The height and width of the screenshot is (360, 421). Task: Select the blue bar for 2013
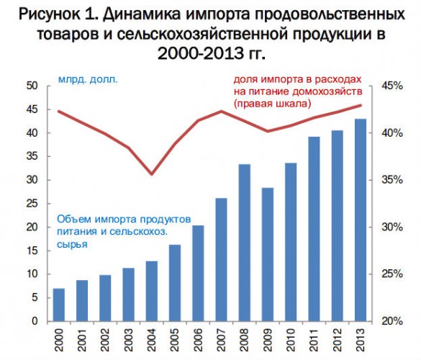[x=361, y=220]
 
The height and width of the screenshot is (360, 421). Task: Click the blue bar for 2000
[x=59, y=305]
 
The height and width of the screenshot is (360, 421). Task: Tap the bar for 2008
[x=245, y=243]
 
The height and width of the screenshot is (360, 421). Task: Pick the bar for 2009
[x=268, y=254]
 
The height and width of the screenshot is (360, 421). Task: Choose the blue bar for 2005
[x=175, y=283]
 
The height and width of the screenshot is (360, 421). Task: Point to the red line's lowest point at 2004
[x=152, y=174]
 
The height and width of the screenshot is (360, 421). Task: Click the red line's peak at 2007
[x=221, y=111]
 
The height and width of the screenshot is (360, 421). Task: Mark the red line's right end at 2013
[x=361, y=105]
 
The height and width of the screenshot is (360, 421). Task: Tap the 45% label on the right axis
[x=392, y=86]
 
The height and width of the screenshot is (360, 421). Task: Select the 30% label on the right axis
[x=392, y=228]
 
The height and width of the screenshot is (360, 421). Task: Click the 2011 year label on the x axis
[x=314, y=340]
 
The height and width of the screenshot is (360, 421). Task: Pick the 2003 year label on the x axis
[x=128, y=340]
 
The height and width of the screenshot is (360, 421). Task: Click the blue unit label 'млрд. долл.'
[x=88, y=80]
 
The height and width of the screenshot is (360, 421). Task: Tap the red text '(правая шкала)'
[x=272, y=104]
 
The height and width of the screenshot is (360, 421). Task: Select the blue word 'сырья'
[x=72, y=245]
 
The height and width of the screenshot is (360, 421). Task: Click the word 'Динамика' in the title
[x=142, y=14]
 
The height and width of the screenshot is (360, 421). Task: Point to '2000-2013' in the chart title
[x=200, y=53]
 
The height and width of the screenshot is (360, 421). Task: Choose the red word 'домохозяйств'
[x=327, y=91]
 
